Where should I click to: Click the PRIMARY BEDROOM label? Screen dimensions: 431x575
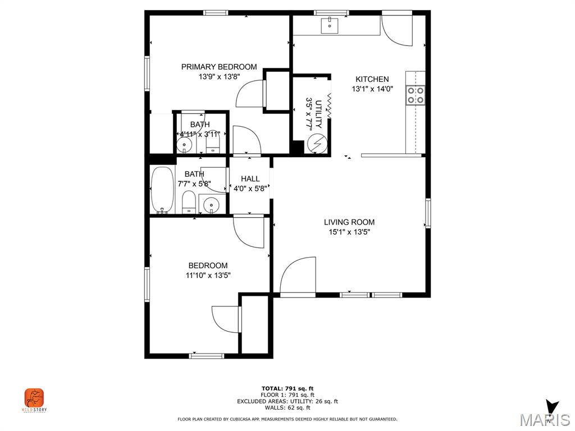219,67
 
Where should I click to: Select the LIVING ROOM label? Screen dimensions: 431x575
349,222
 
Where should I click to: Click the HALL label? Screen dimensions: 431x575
250,179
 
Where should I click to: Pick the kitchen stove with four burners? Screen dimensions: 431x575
416,95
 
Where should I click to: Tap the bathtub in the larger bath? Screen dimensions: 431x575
163,190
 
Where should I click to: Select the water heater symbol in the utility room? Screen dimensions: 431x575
316,144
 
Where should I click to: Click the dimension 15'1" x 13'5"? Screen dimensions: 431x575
349,232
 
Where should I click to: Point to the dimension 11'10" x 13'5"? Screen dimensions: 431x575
208,275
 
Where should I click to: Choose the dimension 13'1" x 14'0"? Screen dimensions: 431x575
372,89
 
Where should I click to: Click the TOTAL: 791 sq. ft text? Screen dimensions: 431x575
287,388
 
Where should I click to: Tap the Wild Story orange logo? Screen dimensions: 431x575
34,398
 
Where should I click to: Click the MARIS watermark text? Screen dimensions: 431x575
544,420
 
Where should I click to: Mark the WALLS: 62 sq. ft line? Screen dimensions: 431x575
287,407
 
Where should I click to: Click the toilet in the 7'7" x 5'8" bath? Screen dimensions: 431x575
189,201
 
